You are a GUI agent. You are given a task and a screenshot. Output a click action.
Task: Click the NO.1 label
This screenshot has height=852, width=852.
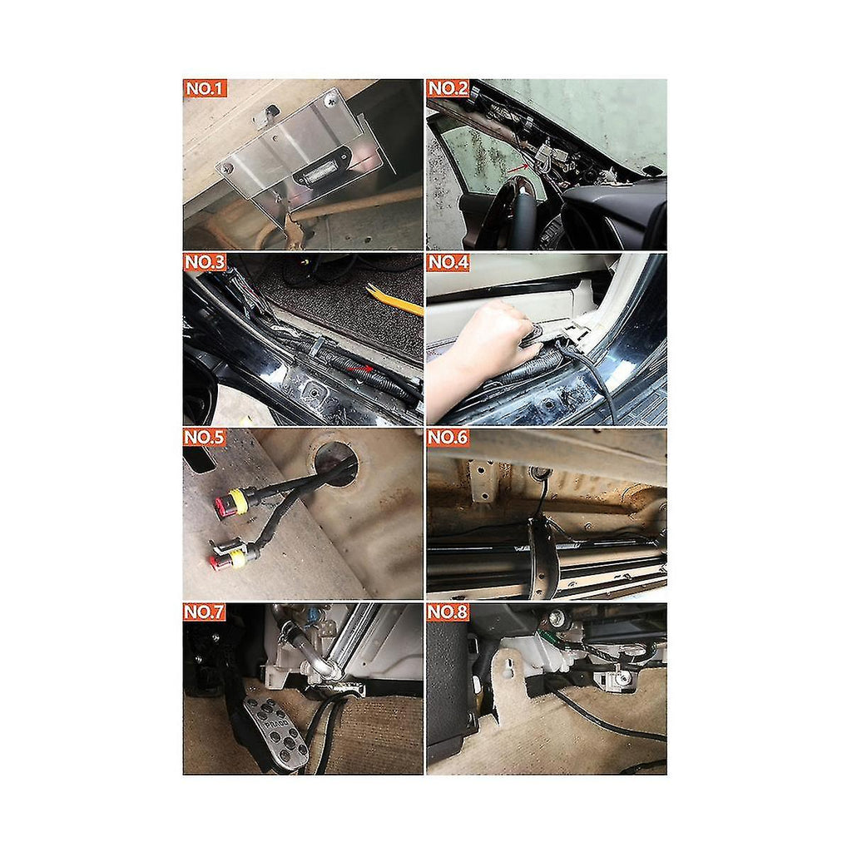(x=205, y=88)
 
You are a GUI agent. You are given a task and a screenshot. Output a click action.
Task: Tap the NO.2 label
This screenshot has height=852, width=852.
(x=448, y=88)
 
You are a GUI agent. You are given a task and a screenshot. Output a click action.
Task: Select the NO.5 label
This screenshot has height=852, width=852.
(x=205, y=438)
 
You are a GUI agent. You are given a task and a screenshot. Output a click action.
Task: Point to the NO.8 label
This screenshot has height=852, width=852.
(x=448, y=612)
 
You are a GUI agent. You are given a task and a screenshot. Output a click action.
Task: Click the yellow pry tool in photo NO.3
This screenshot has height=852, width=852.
(x=394, y=300)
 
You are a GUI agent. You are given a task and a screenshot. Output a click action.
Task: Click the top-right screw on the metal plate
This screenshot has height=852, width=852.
(x=330, y=100)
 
